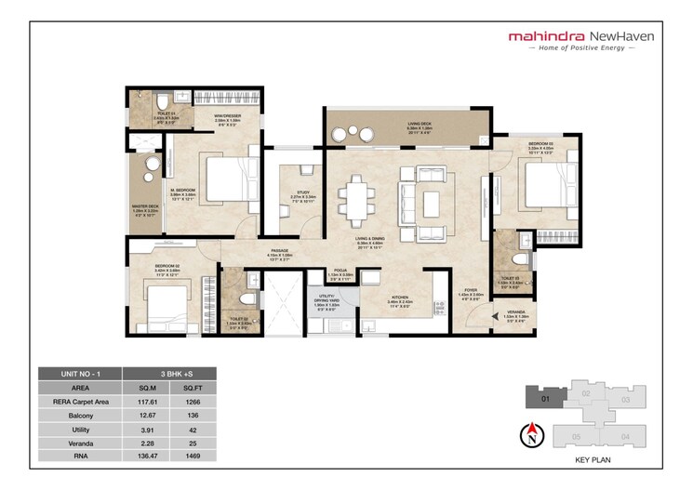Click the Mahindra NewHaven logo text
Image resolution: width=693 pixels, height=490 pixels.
click(x=581, y=36)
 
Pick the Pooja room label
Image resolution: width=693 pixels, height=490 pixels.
click(x=341, y=276)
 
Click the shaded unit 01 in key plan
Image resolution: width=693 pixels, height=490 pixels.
click(x=544, y=398)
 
